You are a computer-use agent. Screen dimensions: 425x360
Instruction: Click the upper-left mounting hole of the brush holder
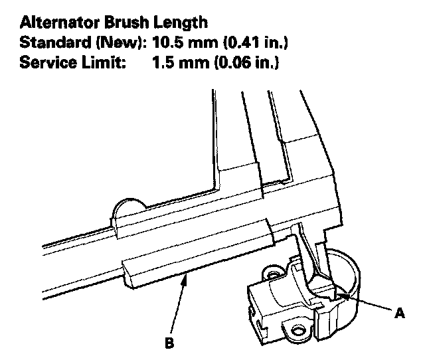click(x=271, y=273)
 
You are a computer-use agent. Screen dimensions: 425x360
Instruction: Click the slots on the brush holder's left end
click(x=254, y=306)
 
